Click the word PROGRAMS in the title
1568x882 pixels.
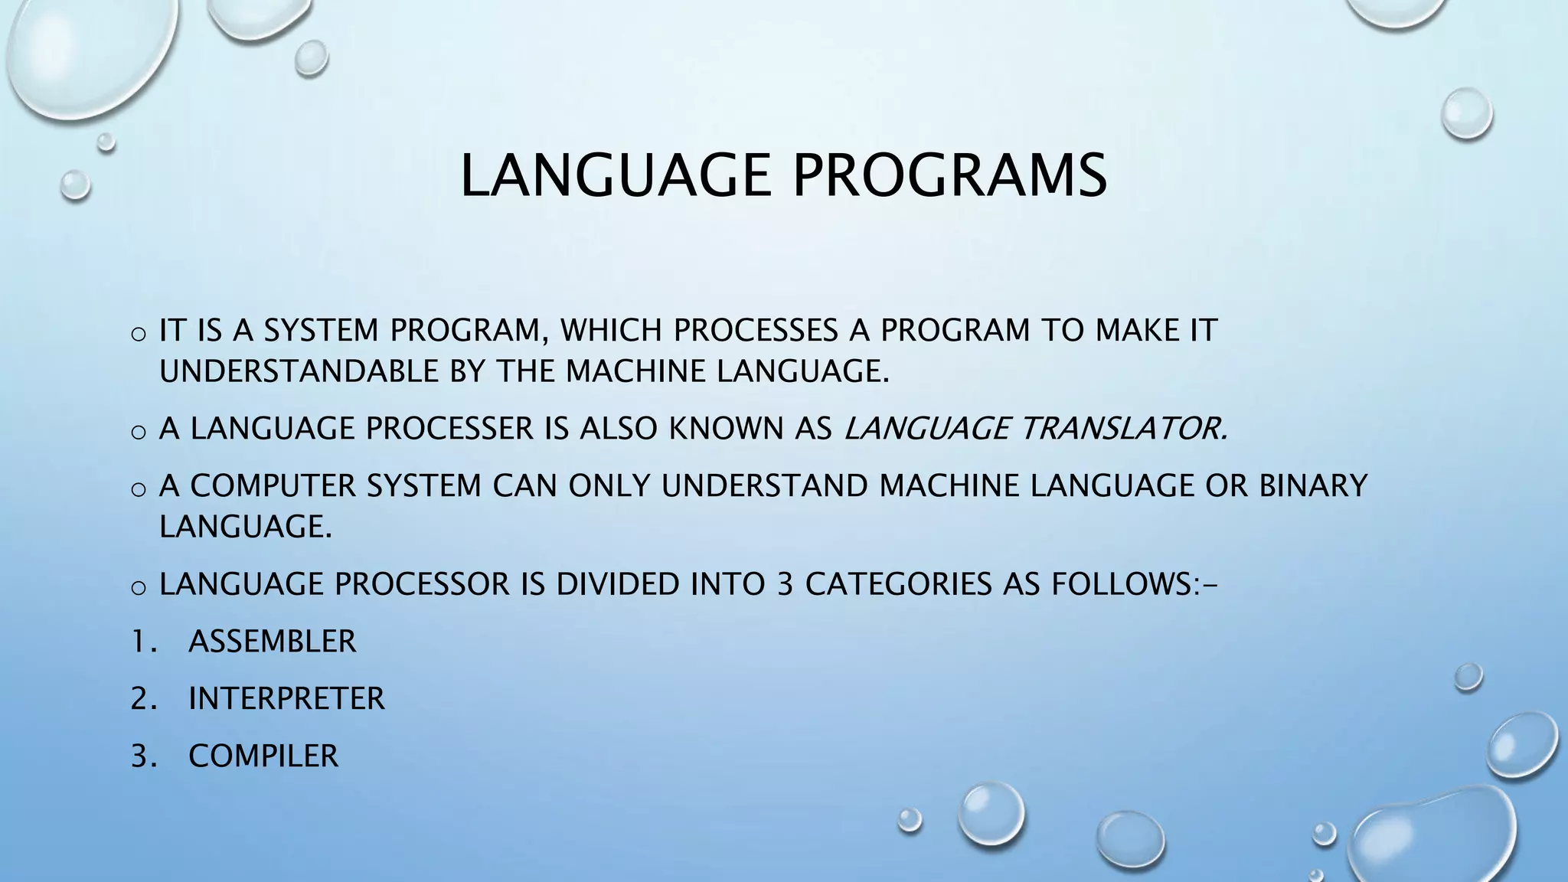click(949, 176)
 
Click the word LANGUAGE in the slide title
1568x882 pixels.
click(616, 176)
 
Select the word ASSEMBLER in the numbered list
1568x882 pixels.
click(273, 642)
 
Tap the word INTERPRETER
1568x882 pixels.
click(286, 699)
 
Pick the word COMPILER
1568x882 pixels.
click(263, 756)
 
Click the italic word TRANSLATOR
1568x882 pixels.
click(1123, 429)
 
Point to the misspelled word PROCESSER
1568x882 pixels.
click(449, 429)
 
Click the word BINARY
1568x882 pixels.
click(1313, 486)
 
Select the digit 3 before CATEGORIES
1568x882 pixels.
click(784, 584)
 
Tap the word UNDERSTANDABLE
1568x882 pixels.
click(299, 372)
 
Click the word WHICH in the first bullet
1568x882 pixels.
click(610, 331)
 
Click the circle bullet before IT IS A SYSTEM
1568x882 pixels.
click(139, 334)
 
